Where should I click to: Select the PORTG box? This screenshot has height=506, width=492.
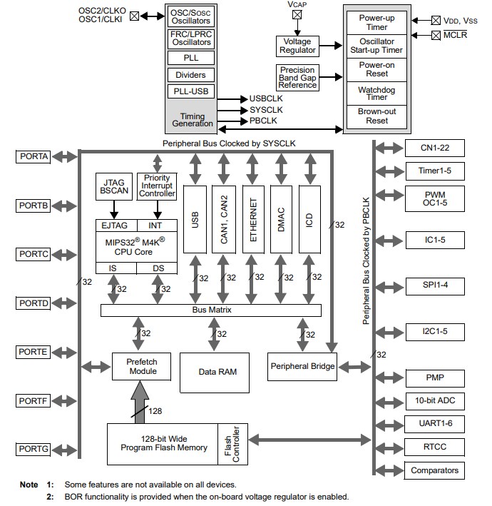(x=34, y=448)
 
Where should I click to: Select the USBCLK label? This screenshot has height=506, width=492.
(x=266, y=98)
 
